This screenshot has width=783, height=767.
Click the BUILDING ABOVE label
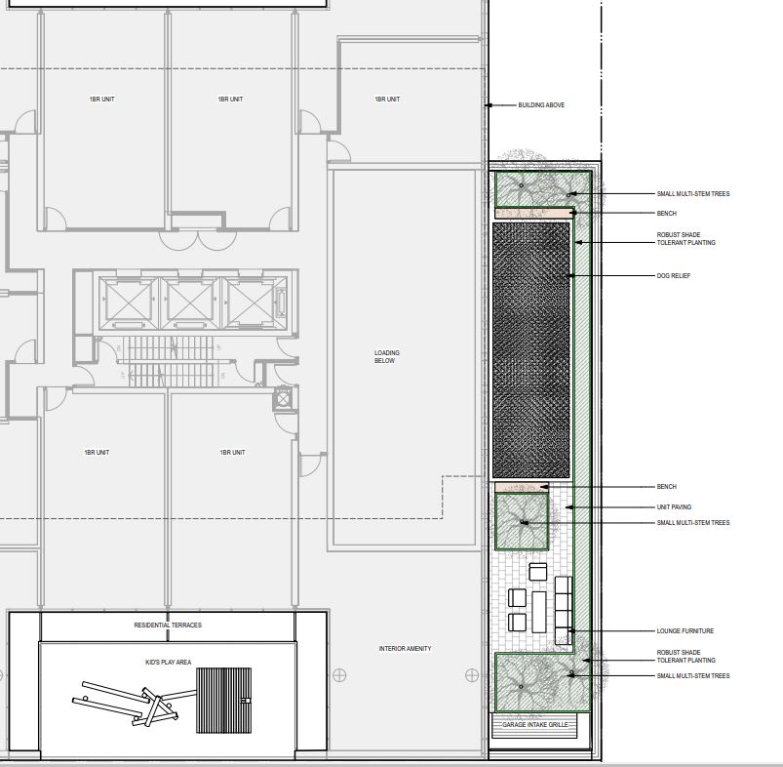(541, 105)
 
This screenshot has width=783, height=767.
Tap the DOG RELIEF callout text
(674, 276)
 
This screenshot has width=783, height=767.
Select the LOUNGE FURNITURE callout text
(685, 631)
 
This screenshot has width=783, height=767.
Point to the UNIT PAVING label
(674, 507)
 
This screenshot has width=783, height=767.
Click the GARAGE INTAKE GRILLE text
(534, 724)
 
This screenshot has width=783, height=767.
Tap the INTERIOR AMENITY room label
(405, 649)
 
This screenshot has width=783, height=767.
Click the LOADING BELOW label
(387, 357)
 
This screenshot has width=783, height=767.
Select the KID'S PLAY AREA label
(169, 662)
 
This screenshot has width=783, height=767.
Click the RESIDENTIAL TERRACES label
(168, 626)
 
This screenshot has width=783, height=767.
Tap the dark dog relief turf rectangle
(530, 350)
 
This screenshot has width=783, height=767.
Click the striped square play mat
(223, 701)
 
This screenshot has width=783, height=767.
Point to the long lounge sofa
(564, 610)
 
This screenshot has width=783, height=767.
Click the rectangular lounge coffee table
(539, 612)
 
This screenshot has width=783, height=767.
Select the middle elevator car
(189, 303)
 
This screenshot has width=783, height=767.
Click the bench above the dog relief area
(533, 214)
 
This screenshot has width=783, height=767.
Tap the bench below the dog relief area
(522, 487)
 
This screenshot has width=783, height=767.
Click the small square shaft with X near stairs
(283, 399)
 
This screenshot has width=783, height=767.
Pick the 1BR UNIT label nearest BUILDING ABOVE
(387, 100)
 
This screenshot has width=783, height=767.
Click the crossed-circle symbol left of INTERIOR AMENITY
(339, 675)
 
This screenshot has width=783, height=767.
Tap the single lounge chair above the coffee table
(538, 572)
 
